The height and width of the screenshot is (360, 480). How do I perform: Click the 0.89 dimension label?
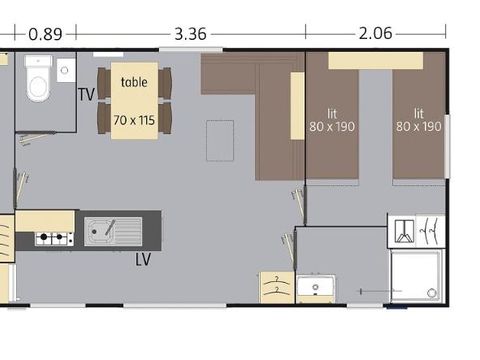pos(45,33)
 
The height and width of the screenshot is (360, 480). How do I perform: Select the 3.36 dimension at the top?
pos(190,33)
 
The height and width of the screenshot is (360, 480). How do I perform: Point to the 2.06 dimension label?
pos(375,33)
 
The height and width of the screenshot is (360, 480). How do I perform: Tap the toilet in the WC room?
pos(38,80)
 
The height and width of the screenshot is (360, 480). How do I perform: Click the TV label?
pos(86,95)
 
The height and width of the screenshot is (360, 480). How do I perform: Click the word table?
pos(134,83)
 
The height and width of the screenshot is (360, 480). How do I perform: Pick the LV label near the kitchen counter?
pos(143,259)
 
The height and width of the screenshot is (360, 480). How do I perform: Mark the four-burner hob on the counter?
pos(54,239)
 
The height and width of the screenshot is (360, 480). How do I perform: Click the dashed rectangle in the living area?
pos(220,140)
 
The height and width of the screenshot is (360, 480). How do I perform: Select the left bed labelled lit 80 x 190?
pos(331,120)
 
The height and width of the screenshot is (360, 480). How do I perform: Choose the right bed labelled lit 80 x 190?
pos(418,120)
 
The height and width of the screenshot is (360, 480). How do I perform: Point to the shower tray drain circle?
pos(431,293)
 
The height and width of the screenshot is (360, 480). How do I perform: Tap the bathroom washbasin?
pos(315,288)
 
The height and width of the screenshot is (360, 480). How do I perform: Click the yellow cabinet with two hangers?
pos(276,287)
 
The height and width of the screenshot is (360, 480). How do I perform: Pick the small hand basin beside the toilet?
pos(66,69)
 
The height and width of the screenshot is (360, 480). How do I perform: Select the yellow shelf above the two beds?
pos(375,60)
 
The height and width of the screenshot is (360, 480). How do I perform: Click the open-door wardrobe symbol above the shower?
pos(415,232)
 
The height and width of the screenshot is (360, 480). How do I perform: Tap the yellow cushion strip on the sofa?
pos(297,105)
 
